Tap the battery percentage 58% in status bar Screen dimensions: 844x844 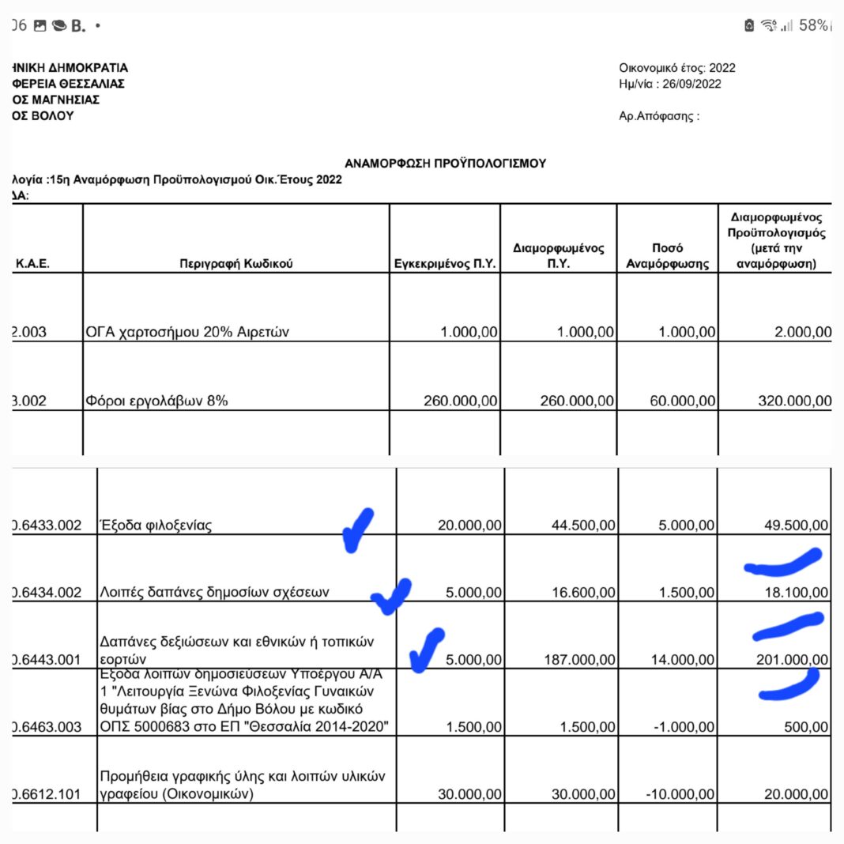(812, 25)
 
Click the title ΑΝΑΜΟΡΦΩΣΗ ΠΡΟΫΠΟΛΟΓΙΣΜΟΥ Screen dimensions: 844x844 (446, 163)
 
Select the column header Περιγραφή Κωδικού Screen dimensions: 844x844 (236, 264)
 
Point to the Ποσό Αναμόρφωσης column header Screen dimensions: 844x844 (667, 256)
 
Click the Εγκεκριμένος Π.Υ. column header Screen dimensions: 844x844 (445, 264)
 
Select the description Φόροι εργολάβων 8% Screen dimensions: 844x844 (156, 401)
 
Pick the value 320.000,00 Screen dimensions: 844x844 (794, 401)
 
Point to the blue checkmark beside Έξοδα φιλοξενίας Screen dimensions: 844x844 (357, 529)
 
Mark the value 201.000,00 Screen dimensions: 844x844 (792, 659)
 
